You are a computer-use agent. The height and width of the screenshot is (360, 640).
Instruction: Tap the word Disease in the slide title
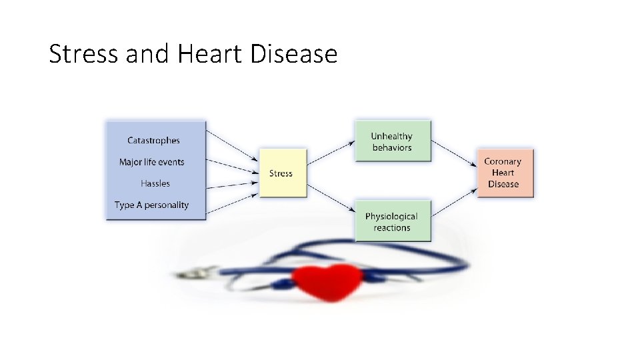point(294,53)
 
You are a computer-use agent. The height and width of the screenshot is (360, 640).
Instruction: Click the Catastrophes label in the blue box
point(153,141)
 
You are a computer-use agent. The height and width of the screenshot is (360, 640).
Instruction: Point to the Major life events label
point(151,162)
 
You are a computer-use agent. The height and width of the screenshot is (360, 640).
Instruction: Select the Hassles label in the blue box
point(155,183)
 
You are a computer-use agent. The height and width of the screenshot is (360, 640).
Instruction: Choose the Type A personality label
point(151,205)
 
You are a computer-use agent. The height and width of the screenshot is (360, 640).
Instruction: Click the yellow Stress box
point(281,173)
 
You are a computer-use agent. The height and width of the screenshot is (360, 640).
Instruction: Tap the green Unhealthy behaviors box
point(392,141)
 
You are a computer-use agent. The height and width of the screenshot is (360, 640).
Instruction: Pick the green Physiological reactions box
point(392,221)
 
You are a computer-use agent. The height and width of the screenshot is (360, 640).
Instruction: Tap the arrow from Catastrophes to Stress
point(231,145)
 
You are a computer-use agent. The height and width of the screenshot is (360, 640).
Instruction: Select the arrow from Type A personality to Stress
point(231,203)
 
